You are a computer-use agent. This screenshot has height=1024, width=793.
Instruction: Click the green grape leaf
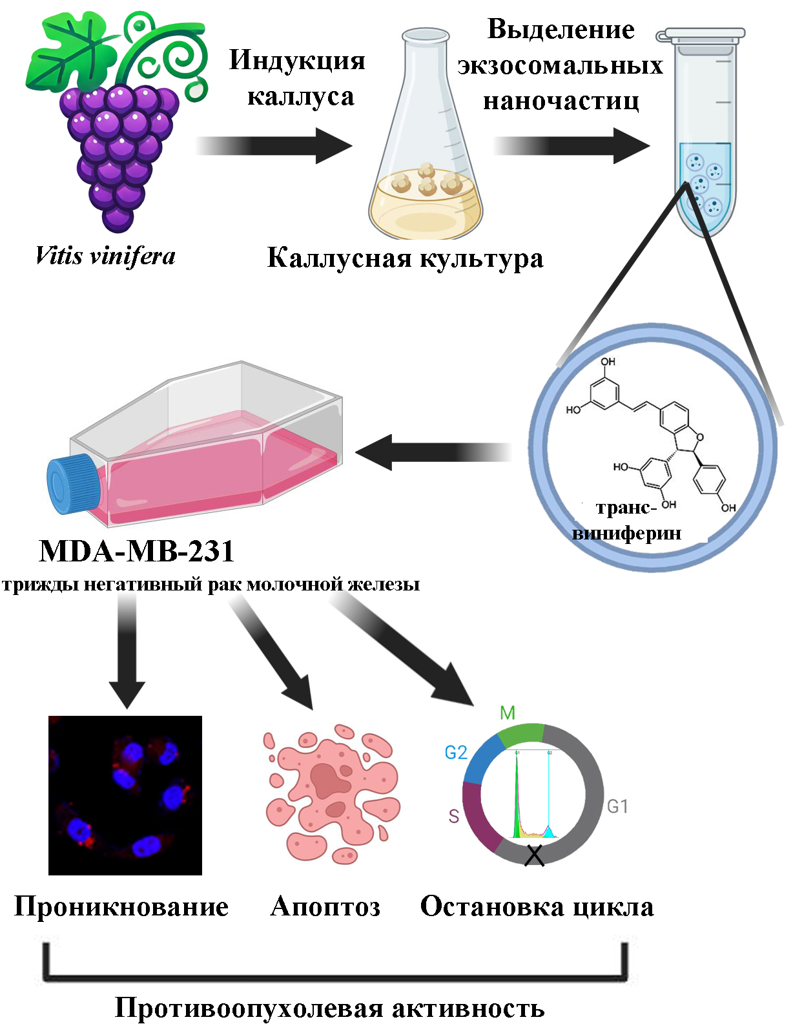coord(70,52)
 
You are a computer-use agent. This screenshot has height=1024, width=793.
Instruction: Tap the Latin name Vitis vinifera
coord(105,256)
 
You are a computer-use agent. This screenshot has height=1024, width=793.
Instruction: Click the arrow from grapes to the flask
coord(274,145)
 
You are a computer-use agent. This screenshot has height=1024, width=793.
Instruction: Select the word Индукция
coord(297,60)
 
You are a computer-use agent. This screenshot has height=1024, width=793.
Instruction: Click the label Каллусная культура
coord(406,258)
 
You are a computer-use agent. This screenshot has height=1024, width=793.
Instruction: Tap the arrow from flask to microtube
coord(572,145)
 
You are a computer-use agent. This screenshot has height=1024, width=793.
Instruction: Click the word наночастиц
coord(561,101)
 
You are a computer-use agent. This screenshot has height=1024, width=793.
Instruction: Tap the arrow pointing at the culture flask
coord(433,452)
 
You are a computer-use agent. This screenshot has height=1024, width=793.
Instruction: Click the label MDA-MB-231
coord(136,550)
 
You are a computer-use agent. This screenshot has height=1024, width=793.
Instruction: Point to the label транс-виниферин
coord(626,521)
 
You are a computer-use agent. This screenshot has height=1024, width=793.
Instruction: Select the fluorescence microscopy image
coord(125,795)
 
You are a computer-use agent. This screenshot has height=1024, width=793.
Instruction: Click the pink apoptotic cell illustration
coord(331,795)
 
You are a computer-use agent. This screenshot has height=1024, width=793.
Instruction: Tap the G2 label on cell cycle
coord(456,753)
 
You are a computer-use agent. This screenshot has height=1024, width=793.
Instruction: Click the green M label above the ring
coord(507,713)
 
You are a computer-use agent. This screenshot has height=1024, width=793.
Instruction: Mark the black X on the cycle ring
coord(534,856)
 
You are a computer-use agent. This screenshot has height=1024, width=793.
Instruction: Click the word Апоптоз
coord(325,906)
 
